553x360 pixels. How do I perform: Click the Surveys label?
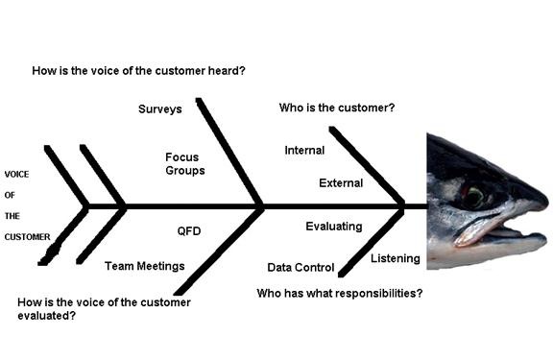160,109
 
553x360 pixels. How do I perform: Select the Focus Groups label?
184,163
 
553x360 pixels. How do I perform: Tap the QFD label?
189,231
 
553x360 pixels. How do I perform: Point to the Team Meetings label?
145,266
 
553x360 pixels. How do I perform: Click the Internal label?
304,150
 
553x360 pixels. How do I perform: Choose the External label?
341,183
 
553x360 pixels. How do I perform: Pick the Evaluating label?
334,227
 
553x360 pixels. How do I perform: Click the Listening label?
396,258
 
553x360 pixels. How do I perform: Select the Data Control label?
301,267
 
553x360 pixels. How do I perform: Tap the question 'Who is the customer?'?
337,108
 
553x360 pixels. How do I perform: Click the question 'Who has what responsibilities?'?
340,293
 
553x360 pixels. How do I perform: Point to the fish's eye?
474,197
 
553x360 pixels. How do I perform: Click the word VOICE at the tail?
16,174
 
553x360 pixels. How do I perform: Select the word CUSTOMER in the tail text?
27,237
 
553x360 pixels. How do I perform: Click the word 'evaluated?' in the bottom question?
46,315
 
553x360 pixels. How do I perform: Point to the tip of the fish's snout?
547,204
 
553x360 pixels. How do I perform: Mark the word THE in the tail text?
12,216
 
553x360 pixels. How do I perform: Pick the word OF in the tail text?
10,195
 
